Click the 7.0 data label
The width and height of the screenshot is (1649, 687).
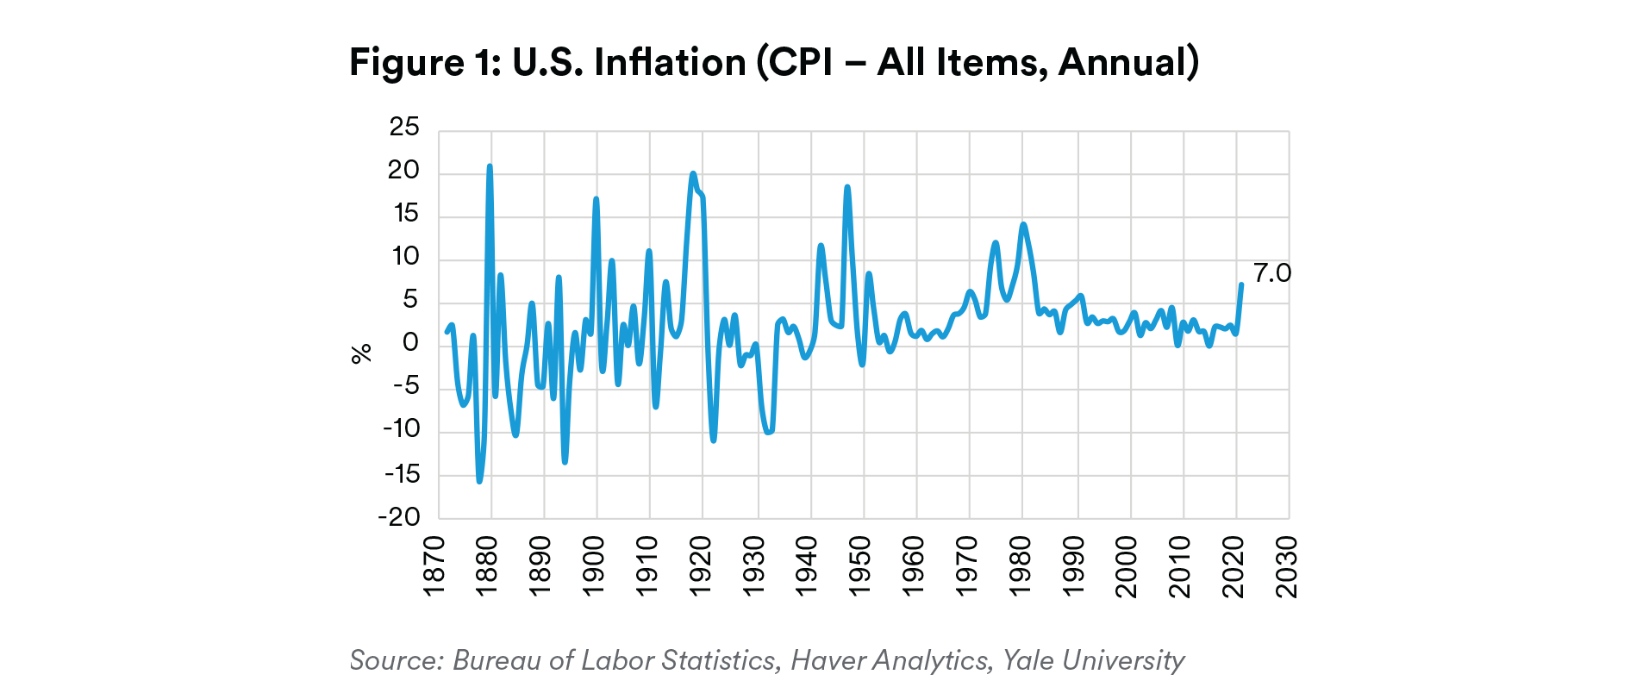(1271, 273)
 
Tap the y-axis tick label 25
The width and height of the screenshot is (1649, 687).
(404, 128)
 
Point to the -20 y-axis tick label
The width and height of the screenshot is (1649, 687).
(399, 517)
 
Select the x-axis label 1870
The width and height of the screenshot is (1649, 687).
(434, 565)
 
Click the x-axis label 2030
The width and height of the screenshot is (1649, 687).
(1286, 565)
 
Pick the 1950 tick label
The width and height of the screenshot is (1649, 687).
(859, 565)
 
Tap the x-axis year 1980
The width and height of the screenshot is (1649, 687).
(1020, 565)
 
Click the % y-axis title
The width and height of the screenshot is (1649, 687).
(361, 353)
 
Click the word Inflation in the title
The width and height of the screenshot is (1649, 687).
(670, 62)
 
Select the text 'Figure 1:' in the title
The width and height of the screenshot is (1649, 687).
(425, 62)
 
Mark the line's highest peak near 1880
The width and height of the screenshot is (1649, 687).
(490, 166)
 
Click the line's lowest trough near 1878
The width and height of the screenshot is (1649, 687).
(479, 481)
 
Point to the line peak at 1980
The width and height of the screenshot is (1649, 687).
(1023, 225)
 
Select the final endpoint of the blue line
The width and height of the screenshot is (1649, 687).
(1241, 284)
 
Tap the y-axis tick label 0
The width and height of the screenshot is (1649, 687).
(410, 343)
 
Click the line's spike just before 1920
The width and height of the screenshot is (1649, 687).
(693, 174)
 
